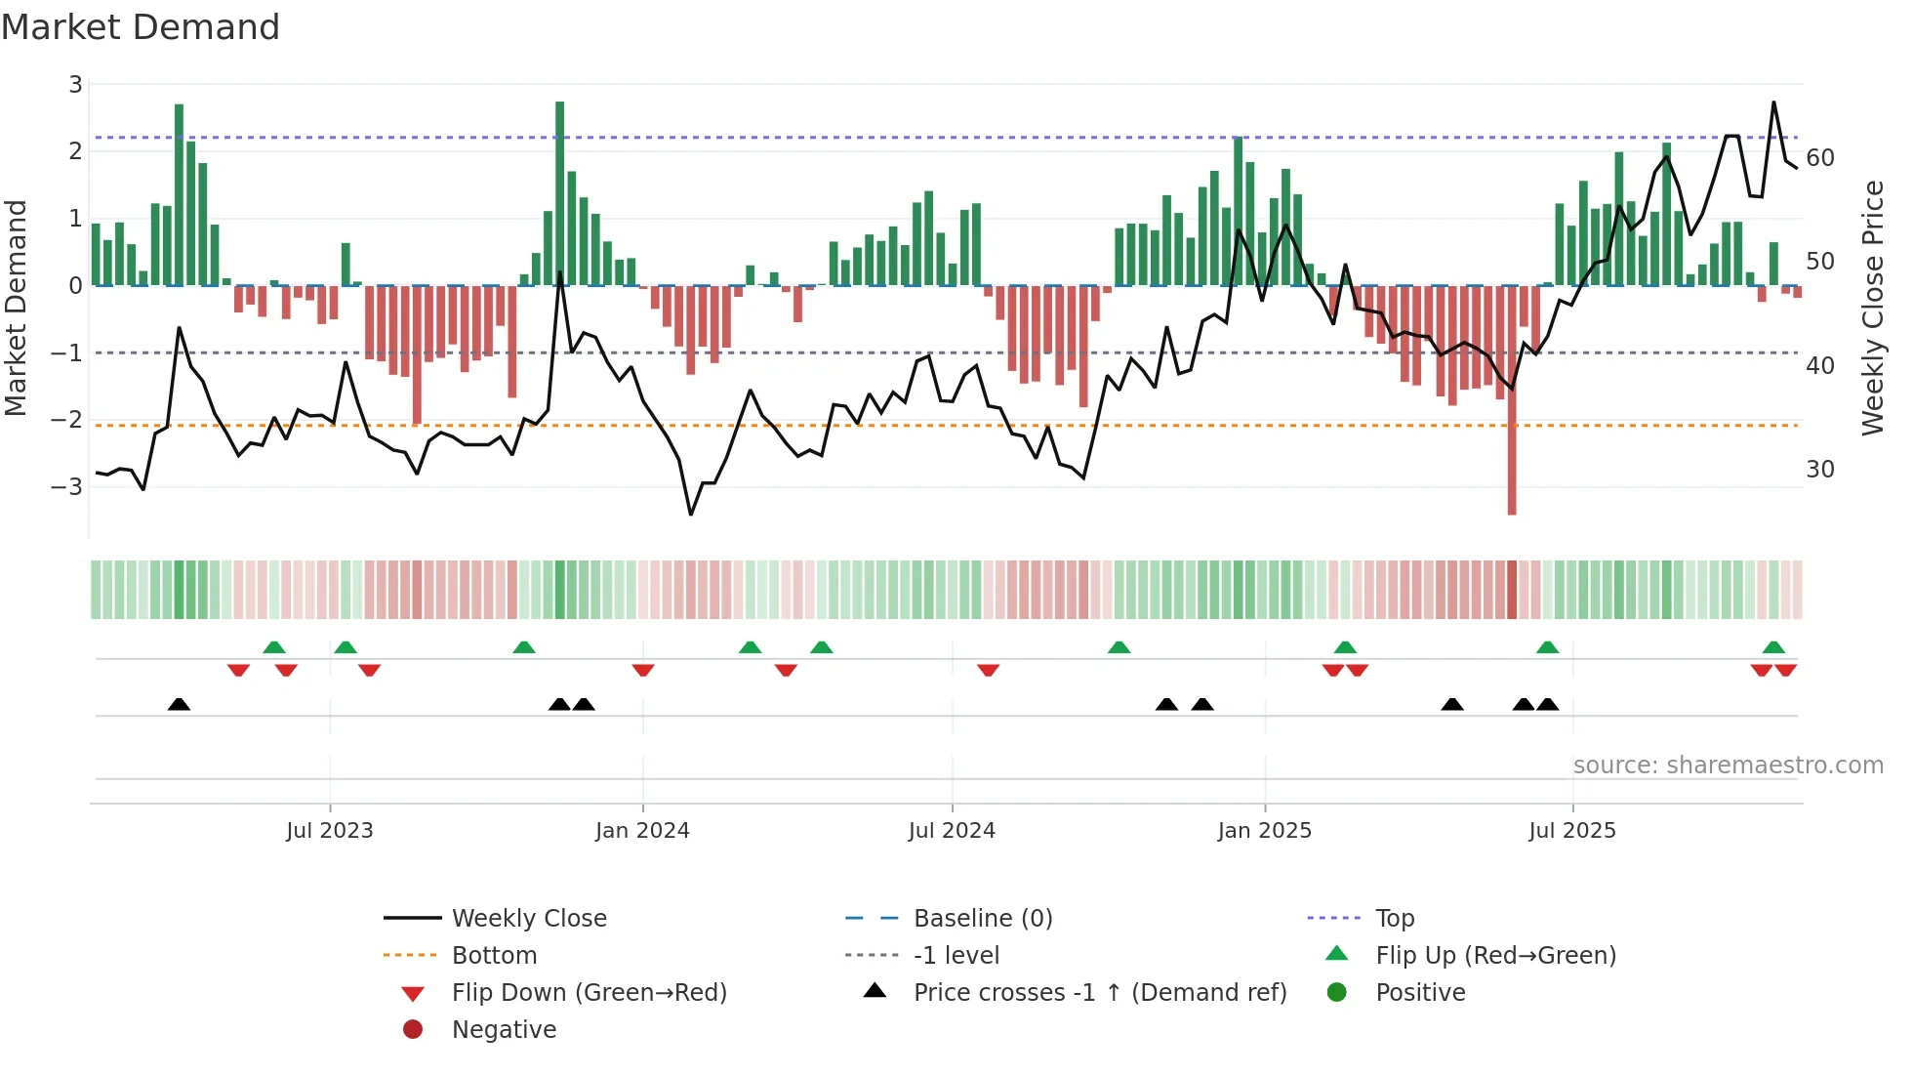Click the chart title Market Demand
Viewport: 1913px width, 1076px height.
(x=141, y=27)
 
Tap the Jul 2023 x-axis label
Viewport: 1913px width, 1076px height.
(x=330, y=831)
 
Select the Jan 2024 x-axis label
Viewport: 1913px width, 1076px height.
(x=642, y=831)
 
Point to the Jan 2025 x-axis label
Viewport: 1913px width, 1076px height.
(x=1265, y=831)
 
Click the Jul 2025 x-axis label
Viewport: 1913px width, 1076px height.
(x=1572, y=831)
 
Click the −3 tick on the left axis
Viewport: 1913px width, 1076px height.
(x=67, y=486)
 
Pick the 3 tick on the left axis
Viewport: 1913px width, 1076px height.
(x=75, y=85)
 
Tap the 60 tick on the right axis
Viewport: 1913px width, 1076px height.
(x=1820, y=158)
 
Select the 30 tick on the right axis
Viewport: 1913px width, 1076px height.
(x=1820, y=470)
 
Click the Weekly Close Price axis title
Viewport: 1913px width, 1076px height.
(x=1873, y=308)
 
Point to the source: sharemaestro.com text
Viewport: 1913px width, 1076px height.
(x=1728, y=766)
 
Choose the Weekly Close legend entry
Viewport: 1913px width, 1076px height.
(x=529, y=919)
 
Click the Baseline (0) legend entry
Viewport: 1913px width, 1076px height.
(x=983, y=919)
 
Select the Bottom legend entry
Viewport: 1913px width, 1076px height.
(x=494, y=956)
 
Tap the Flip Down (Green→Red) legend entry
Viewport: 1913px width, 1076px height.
(x=589, y=993)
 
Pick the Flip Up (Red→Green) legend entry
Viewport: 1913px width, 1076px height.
(x=1495, y=956)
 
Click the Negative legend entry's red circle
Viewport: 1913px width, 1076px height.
(x=413, y=1030)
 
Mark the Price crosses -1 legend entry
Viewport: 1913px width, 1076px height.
(x=1100, y=993)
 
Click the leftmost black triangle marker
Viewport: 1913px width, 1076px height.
(x=179, y=704)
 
